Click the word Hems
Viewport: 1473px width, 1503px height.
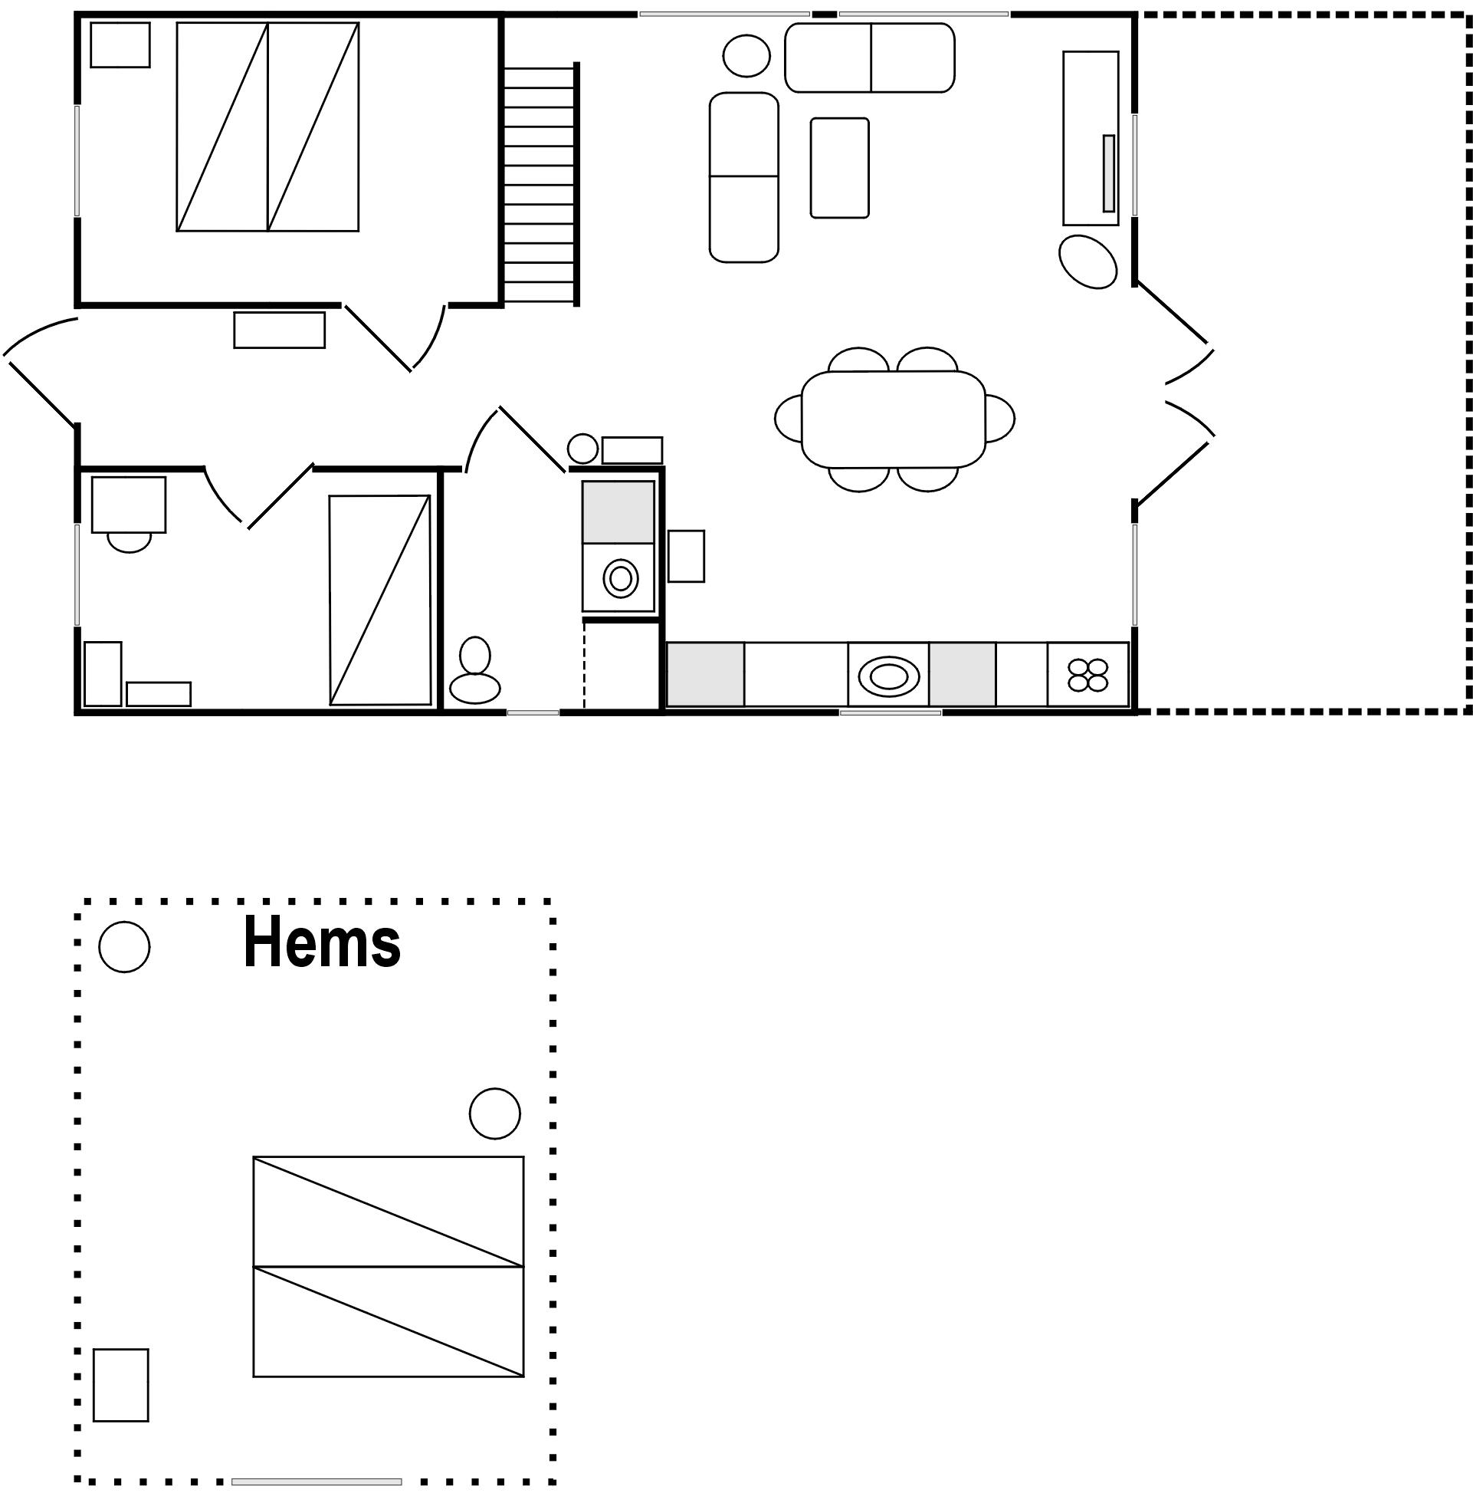coord(322,942)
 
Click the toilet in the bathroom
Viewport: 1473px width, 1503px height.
coord(475,670)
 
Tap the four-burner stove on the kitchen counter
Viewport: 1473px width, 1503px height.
coord(1088,675)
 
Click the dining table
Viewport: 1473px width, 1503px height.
coord(894,419)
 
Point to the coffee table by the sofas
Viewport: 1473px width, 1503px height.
coord(839,167)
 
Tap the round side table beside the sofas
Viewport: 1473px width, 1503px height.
coord(746,56)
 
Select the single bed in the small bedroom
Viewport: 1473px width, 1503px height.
coord(379,600)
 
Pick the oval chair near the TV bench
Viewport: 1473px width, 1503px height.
coord(1088,261)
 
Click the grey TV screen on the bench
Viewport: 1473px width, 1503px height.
coord(1109,173)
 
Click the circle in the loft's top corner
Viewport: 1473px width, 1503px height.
coord(125,947)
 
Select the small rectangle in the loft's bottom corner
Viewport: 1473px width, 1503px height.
coord(120,1386)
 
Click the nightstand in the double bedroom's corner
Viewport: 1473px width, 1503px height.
coord(120,45)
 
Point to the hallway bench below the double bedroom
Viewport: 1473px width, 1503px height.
coord(279,331)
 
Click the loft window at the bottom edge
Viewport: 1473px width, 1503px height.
coord(317,1482)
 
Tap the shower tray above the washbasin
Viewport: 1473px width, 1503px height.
coord(618,511)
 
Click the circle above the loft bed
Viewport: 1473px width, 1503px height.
coord(495,1113)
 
